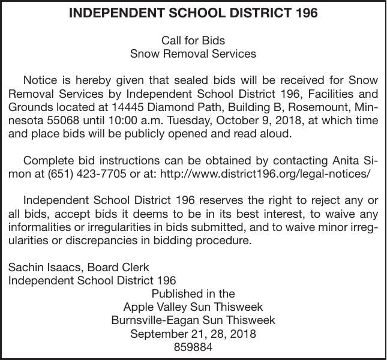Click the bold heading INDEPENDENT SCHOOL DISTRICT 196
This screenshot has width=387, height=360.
pyautogui.click(x=193, y=13)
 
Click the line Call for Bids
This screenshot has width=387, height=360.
pyautogui.click(x=193, y=40)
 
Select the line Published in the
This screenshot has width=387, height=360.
pyautogui.click(x=193, y=294)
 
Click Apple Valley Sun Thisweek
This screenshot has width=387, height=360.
pyautogui.click(x=193, y=307)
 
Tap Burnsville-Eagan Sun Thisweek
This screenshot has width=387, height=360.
pyautogui.click(x=193, y=320)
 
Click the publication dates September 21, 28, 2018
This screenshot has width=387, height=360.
pyautogui.click(x=193, y=334)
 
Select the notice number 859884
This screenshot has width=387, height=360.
pyautogui.click(x=193, y=347)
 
